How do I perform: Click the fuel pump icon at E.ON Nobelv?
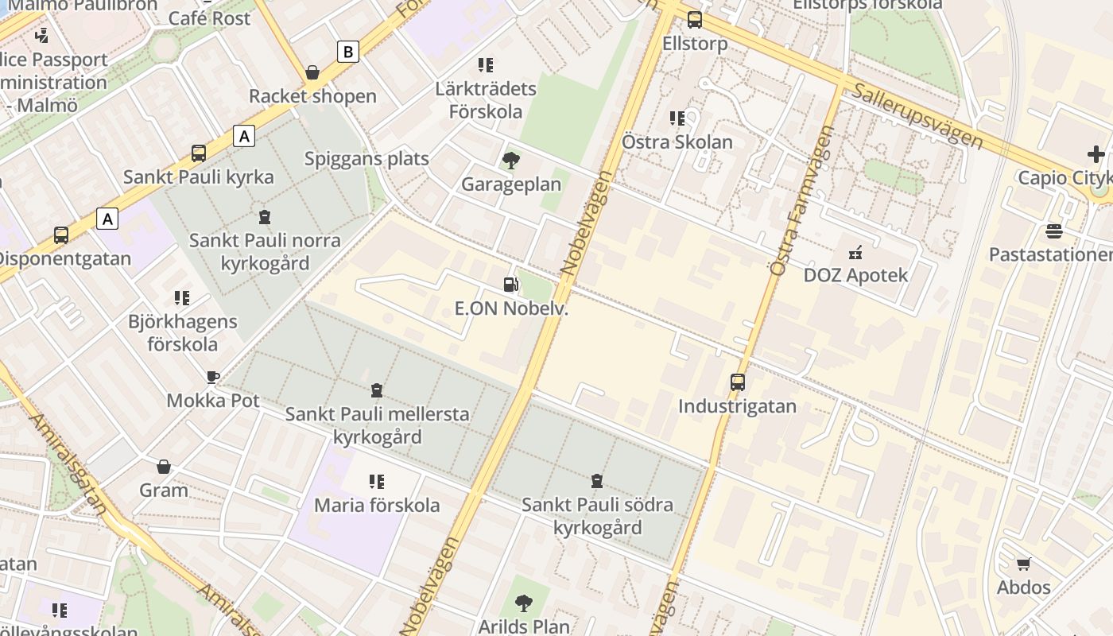pos(510,285)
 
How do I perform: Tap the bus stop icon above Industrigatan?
pos(738,382)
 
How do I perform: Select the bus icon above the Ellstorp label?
pos(695,20)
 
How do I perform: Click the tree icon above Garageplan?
pos(510,161)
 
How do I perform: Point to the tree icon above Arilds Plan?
pos(523,603)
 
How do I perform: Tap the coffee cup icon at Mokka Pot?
pos(212,377)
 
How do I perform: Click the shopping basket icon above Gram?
pos(164,467)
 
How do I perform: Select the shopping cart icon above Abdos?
pos(1024,564)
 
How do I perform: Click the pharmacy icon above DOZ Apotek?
pos(855,253)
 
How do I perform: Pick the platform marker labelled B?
pos(347,52)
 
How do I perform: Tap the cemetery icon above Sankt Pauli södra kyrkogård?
pos(596,481)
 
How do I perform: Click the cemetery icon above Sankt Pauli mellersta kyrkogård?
pos(377,390)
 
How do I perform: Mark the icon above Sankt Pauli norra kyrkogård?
pos(264,216)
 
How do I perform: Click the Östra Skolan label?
pos(677,142)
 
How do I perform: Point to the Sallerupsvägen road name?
pos(917,116)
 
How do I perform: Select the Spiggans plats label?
pos(366,158)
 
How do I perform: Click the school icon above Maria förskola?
pos(377,481)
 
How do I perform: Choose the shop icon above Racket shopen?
pos(312,72)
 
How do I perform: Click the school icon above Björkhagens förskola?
pos(182,298)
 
